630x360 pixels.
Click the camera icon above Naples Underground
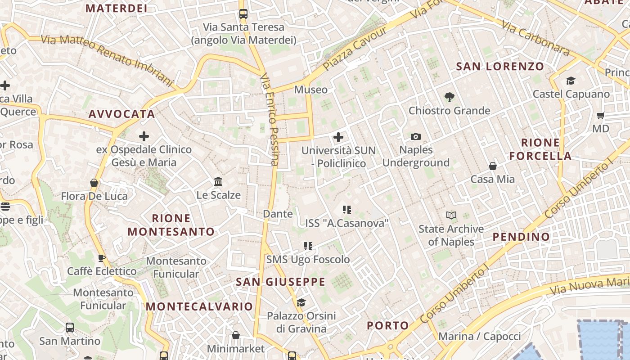(x=416, y=136)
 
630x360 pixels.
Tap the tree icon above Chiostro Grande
(x=449, y=97)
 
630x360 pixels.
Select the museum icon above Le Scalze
(x=219, y=182)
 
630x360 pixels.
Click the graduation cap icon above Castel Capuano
(x=571, y=81)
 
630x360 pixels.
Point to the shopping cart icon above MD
(x=600, y=116)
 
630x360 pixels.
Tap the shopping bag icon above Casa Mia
(x=493, y=166)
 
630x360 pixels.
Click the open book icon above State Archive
(x=451, y=216)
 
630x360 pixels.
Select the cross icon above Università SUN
(x=338, y=137)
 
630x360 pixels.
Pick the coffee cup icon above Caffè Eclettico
(x=102, y=258)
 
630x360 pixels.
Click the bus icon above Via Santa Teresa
(x=243, y=14)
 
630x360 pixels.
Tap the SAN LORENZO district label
(x=500, y=67)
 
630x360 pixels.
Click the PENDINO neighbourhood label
(x=521, y=237)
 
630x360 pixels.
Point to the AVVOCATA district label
(x=121, y=114)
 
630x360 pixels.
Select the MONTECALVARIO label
(x=199, y=306)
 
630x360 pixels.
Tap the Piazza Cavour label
(x=355, y=49)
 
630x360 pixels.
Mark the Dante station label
(x=278, y=214)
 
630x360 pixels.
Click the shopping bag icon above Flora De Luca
(x=94, y=183)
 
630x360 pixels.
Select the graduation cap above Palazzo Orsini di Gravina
(x=301, y=302)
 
